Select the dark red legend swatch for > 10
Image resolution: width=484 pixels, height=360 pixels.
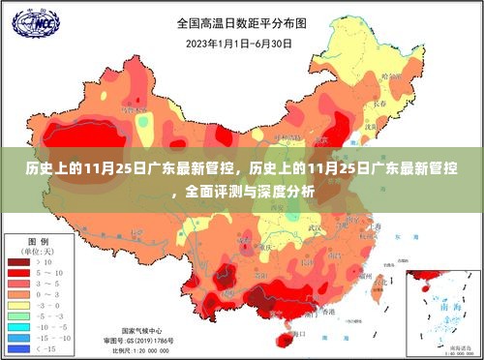18,261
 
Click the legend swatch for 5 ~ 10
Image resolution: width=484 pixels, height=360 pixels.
18,273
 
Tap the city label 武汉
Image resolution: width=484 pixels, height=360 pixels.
316,228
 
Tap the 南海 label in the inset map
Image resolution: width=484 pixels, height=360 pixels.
445,302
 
